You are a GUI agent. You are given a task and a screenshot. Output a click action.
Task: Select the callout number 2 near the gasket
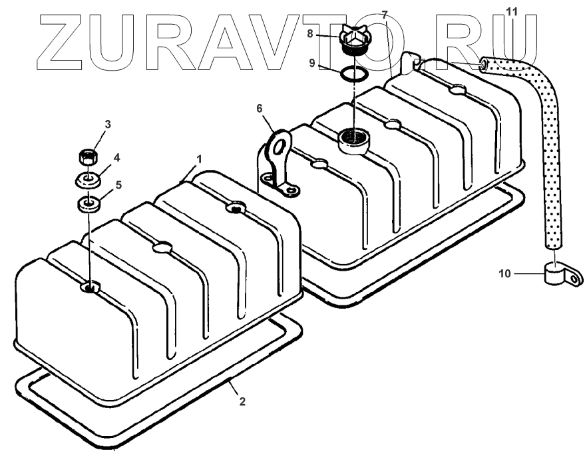pos(242,401)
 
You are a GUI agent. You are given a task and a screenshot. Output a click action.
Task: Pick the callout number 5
pos(118,185)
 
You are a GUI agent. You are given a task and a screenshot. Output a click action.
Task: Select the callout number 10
pos(504,273)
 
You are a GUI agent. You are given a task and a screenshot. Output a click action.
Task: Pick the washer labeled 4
pos(87,180)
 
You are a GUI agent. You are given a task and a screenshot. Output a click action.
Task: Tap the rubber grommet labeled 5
pos(88,203)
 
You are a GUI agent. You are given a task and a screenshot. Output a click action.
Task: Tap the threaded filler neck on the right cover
pos(352,140)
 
